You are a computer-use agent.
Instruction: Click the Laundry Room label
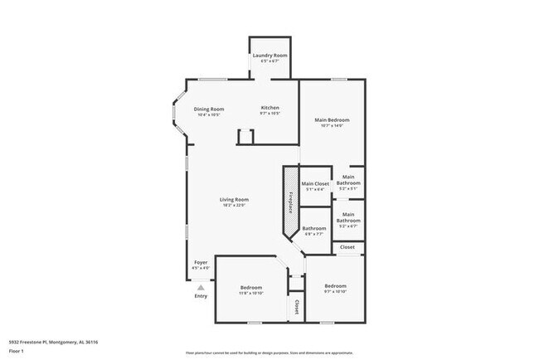(269, 55)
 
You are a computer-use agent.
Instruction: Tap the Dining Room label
(209, 109)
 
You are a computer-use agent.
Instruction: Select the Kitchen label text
(270, 108)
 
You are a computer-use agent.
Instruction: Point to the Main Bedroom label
(332, 120)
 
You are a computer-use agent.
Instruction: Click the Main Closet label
(315, 183)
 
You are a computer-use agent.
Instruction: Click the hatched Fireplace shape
(291, 203)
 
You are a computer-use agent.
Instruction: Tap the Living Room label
(235, 199)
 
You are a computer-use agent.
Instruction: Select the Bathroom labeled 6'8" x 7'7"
(313, 228)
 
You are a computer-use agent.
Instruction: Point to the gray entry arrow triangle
(200, 287)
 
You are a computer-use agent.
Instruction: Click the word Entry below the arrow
(201, 296)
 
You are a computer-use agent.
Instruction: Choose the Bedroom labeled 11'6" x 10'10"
(251, 288)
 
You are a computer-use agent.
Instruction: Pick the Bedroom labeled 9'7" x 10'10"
(335, 286)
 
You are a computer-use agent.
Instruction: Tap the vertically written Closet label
(295, 308)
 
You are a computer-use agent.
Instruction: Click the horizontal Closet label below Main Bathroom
(347, 247)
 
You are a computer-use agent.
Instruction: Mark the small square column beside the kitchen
(245, 137)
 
